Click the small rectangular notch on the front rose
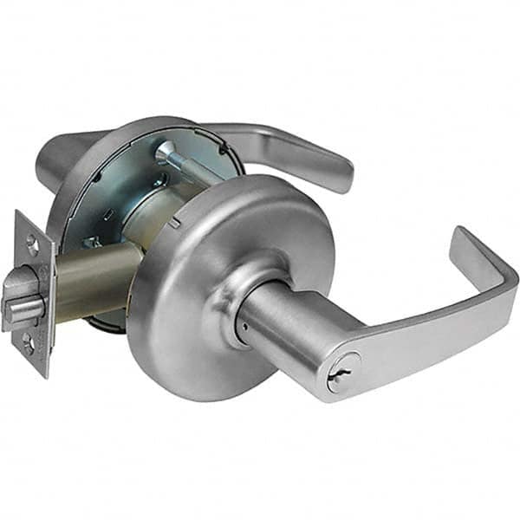coord(177,223)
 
